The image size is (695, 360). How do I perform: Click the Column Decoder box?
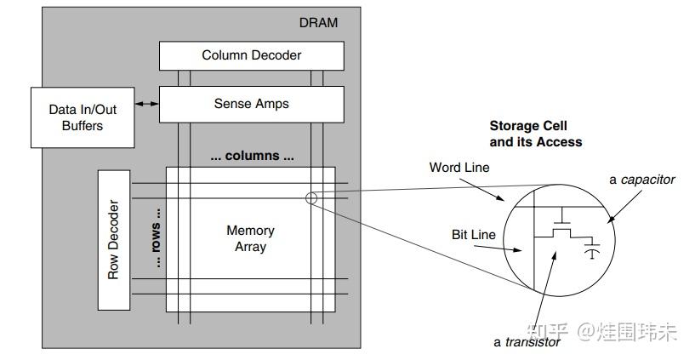click(252, 56)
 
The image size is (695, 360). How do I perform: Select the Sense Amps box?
click(252, 104)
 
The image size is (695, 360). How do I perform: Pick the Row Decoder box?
click(113, 240)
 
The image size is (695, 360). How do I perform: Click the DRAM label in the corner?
click(319, 23)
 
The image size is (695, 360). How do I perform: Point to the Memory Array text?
click(250, 238)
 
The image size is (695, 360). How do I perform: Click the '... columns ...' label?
click(252, 157)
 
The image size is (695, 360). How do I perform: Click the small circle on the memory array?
click(310, 199)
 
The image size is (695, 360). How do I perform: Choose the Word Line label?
click(459, 168)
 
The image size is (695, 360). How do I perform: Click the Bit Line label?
click(473, 232)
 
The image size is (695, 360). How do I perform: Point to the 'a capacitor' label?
click(641, 180)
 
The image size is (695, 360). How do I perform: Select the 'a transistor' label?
click(527, 342)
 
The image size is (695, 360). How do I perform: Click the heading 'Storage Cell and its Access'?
click(535, 134)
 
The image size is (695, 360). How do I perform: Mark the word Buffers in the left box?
click(82, 126)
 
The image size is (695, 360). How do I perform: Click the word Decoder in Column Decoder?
click(274, 56)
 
